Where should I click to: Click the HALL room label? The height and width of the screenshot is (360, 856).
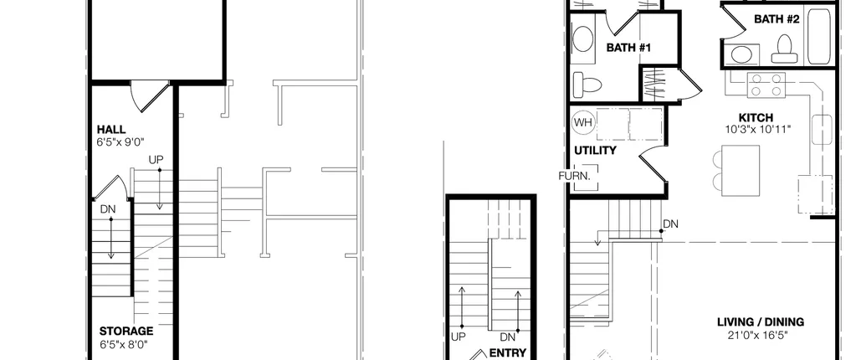click(111, 130)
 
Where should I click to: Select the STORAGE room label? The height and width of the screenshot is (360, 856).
click(126, 331)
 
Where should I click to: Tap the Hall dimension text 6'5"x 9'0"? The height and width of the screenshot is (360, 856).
click(120, 142)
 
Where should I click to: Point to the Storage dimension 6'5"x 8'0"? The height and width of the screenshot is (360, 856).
click(124, 344)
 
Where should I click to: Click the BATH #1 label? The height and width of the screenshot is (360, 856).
click(629, 48)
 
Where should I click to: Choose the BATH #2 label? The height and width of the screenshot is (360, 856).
click(777, 19)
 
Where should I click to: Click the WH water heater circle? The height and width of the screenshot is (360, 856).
click(583, 122)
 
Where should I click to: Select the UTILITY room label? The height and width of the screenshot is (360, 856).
click(595, 150)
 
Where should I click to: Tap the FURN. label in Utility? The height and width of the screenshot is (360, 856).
click(574, 176)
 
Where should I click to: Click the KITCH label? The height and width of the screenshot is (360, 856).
click(756, 118)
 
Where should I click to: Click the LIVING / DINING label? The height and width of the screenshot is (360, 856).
click(761, 322)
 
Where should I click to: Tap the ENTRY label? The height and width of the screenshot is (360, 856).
click(508, 353)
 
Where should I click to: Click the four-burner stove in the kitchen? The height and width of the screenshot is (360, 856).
click(766, 85)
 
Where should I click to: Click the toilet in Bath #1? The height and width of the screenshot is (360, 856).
click(587, 85)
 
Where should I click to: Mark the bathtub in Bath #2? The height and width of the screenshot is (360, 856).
click(819, 36)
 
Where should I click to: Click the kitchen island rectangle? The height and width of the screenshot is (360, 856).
click(741, 171)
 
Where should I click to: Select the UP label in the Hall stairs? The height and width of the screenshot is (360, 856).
click(156, 160)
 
